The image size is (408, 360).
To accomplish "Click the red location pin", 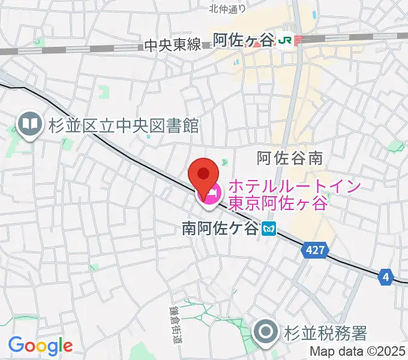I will click(203, 175).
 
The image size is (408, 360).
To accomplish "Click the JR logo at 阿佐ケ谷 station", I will click(287, 41).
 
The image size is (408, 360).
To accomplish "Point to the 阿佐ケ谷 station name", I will click(244, 40).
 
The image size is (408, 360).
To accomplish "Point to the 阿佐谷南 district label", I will click(290, 158).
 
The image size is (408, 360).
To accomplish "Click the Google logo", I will click(40, 346).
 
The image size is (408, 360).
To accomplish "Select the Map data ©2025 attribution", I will click(357, 352).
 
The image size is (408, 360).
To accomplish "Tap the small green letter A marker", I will click(225, 162).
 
